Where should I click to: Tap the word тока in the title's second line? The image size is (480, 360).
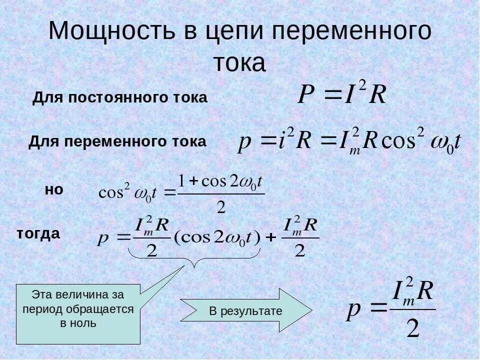[x=239, y=63]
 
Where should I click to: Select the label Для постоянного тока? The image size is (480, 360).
[x=120, y=98]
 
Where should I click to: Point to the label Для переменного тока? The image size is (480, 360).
[x=117, y=142]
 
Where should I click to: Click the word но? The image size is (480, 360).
[x=54, y=190]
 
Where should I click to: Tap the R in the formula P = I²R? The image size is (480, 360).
[x=377, y=95]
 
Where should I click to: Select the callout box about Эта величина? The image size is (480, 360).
[x=78, y=314]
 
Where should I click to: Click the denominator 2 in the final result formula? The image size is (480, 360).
[x=412, y=328]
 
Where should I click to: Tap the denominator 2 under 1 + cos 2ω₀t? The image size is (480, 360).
[x=221, y=207]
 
